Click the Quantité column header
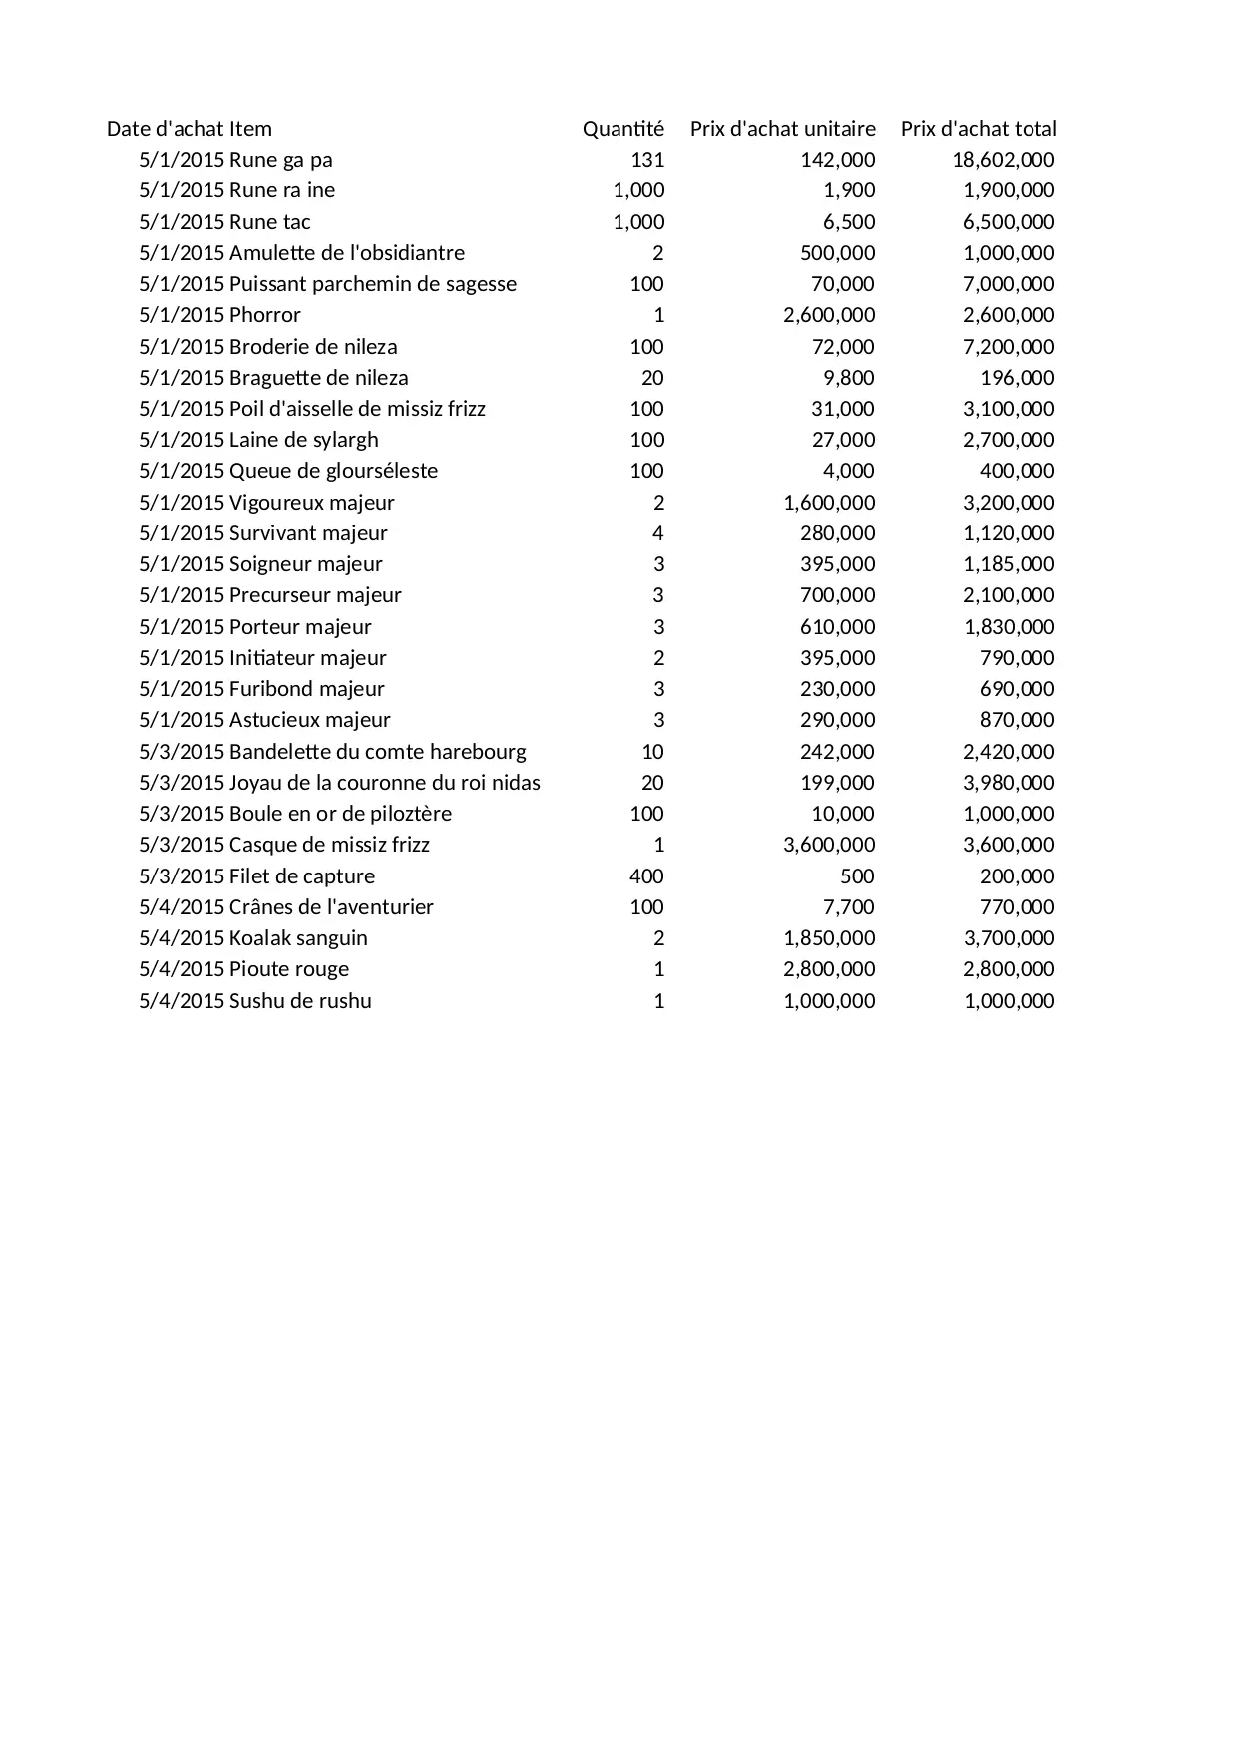(622, 129)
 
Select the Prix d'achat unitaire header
(782, 129)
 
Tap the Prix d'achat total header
(978, 129)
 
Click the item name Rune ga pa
(280, 160)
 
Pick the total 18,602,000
(1003, 160)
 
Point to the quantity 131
(647, 160)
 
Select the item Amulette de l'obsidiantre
(346, 253)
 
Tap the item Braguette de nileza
(318, 378)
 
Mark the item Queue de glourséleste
(333, 471)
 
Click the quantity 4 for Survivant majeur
(657, 533)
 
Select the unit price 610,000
(837, 627)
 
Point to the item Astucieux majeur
(309, 720)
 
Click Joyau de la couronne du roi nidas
(384, 783)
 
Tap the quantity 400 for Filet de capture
(646, 876)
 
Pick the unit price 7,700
(849, 907)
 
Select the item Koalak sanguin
(298, 938)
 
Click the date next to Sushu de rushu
(182, 1001)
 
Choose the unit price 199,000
(837, 783)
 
